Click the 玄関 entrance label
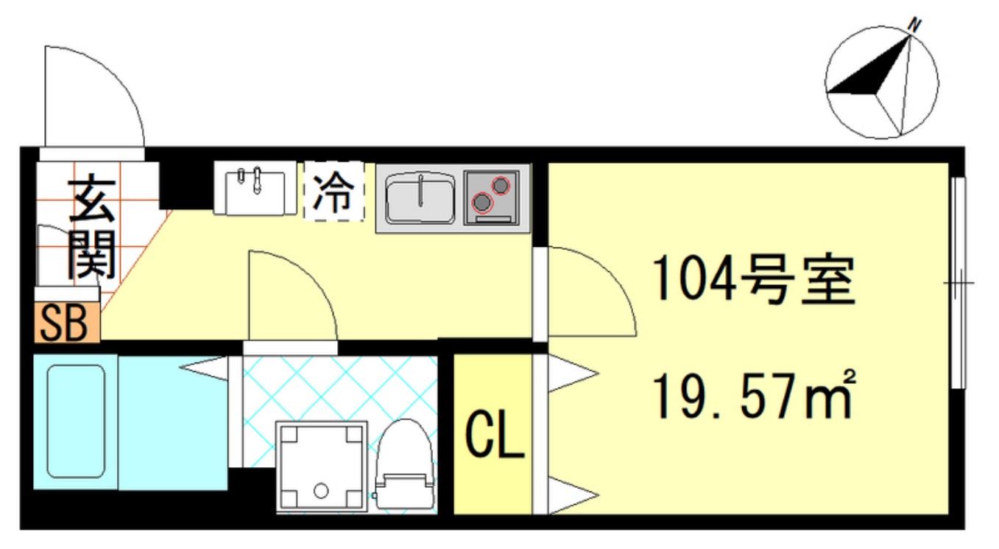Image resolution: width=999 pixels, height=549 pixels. pos(93,228)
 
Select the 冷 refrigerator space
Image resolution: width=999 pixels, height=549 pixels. pos(334,192)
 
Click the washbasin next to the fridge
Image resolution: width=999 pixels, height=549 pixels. pos(255,189)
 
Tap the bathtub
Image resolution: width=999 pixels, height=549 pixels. pos(77,422)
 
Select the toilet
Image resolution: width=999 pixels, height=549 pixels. pos(403,466)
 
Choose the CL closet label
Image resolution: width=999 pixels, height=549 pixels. pos(493,437)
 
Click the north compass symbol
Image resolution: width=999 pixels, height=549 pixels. pos(881,82)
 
